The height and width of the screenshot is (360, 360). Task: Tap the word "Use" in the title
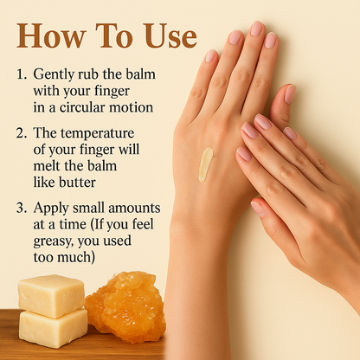[171, 35]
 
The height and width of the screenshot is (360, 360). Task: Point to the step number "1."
[22, 74]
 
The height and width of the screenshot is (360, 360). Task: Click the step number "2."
[22, 133]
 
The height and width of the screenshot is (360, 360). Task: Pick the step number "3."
[22, 208]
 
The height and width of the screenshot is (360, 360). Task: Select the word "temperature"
[97, 134]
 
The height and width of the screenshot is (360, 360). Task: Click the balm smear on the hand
[206, 164]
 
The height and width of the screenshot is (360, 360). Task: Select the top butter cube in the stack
[51, 296]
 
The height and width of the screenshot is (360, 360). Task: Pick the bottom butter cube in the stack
[54, 329]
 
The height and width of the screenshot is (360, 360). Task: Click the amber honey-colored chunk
[125, 306]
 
